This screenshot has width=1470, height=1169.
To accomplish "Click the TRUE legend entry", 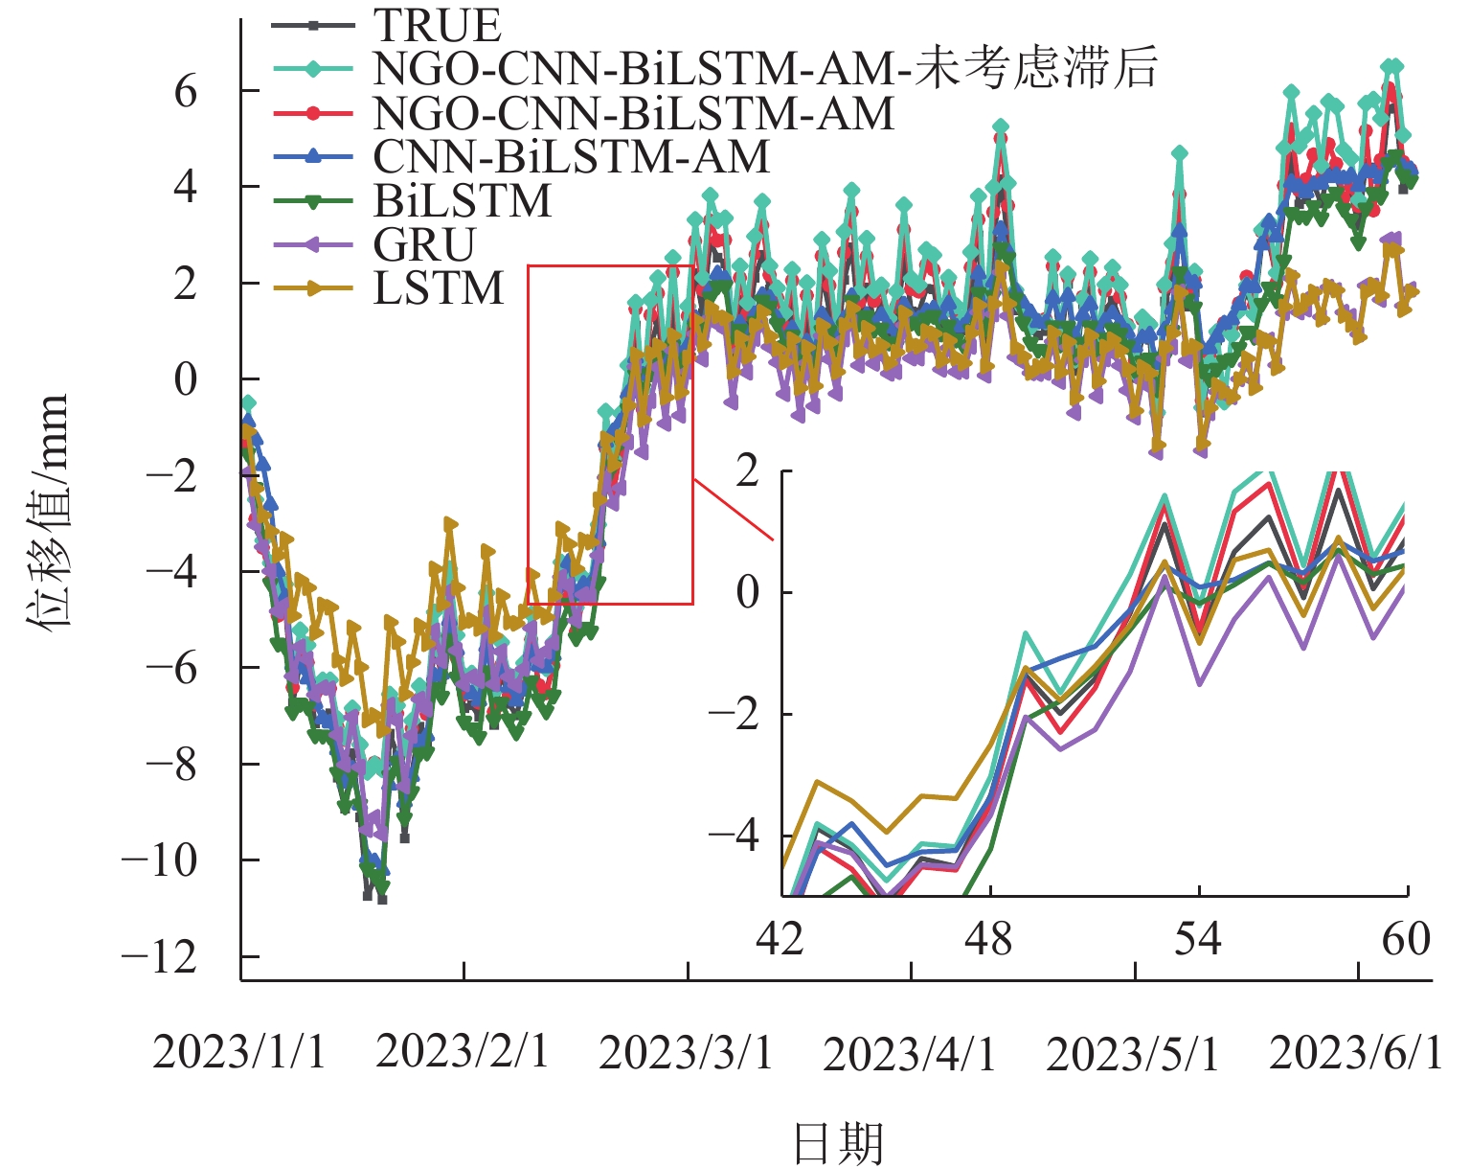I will [x=437, y=25].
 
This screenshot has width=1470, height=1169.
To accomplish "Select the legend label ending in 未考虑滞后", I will [x=764, y=69].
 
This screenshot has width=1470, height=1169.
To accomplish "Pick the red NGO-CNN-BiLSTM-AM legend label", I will [x=633, y=113].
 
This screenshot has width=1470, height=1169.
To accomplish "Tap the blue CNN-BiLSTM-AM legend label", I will [x=571, y=157].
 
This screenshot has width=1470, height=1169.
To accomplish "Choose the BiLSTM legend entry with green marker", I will [x=463, y=201].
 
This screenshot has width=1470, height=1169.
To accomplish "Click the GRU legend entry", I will [x=424, y=245].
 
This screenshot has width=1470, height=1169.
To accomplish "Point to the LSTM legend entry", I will [x=439, y=288].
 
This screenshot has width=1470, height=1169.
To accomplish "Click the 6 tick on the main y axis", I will [x=186, y=92].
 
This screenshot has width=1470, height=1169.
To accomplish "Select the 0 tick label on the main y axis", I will [x=186, y=380].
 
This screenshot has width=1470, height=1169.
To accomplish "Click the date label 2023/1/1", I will [x=238, y=1052].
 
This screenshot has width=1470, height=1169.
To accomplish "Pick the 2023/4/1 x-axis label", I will [x=909, y=1054].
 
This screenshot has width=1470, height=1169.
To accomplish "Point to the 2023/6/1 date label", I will [x=1355, y=1054].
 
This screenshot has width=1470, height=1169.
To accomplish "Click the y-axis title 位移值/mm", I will [x=48, y=510].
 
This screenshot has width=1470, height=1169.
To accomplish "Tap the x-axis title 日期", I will [x=838, y=1143].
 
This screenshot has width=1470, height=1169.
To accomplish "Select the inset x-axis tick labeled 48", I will [x=988, y=940].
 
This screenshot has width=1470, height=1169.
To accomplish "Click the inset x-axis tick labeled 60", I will [x=1406, y=940].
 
